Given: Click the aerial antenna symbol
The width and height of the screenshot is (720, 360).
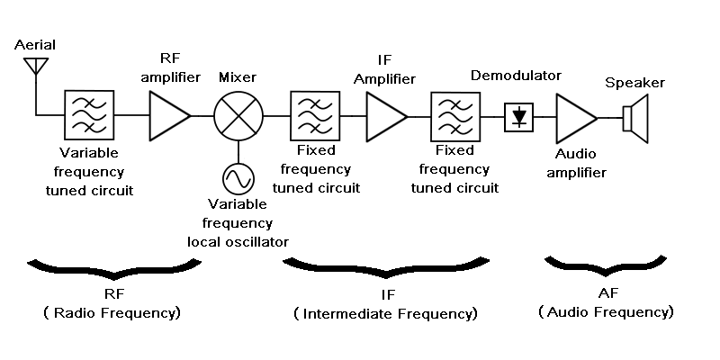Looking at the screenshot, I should click(36, 67).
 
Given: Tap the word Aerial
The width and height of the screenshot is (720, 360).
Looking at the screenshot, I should click(35, 44).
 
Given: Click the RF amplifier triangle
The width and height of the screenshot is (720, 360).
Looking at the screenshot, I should click(167, 115).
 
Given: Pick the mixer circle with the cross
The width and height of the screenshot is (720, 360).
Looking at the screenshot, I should click(238, 115).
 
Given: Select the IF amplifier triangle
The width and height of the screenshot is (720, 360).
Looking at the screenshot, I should click(385, 115).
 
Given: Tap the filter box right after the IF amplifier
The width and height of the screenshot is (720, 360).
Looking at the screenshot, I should click(455, 115).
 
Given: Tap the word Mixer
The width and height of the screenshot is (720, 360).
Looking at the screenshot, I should click(238, 77).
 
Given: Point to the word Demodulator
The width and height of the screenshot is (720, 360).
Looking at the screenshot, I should click(516, 76).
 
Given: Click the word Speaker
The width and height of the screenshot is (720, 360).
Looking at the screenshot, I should click(634, 83).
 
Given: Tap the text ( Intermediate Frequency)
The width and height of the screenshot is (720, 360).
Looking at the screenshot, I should click(385, 314).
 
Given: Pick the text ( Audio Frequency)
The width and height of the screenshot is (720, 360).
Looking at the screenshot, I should click(607, 312).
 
